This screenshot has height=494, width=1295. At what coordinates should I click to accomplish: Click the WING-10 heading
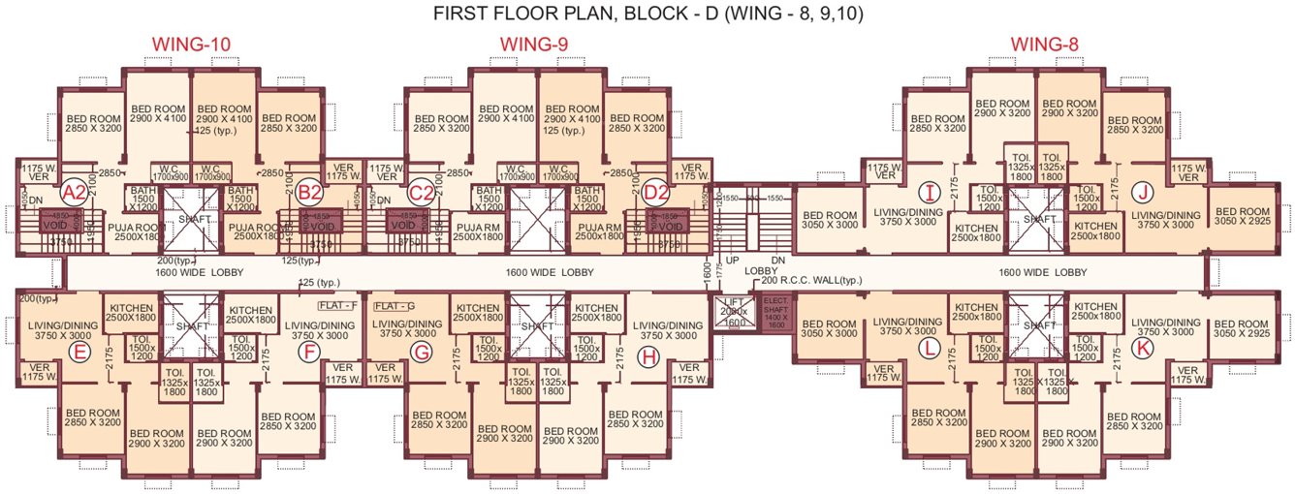(x=191, y=45)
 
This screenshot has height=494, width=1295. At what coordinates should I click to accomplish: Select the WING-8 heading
(x=1044, y=45)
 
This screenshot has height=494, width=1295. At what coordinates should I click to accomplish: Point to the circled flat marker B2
(x=309, y=191)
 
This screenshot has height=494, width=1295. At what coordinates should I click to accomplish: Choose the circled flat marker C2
(x=421, y=191)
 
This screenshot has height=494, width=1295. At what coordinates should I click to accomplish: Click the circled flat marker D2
(x=656, y=191)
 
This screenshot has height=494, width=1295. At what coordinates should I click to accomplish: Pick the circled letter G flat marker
(x=421, y=353)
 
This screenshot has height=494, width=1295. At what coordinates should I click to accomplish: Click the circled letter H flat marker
(x=649, y=357)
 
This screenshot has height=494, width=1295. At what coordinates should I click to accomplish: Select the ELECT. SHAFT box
(x=775, y=314)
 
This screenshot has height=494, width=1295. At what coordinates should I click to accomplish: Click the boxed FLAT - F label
(x=337, y=305)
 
